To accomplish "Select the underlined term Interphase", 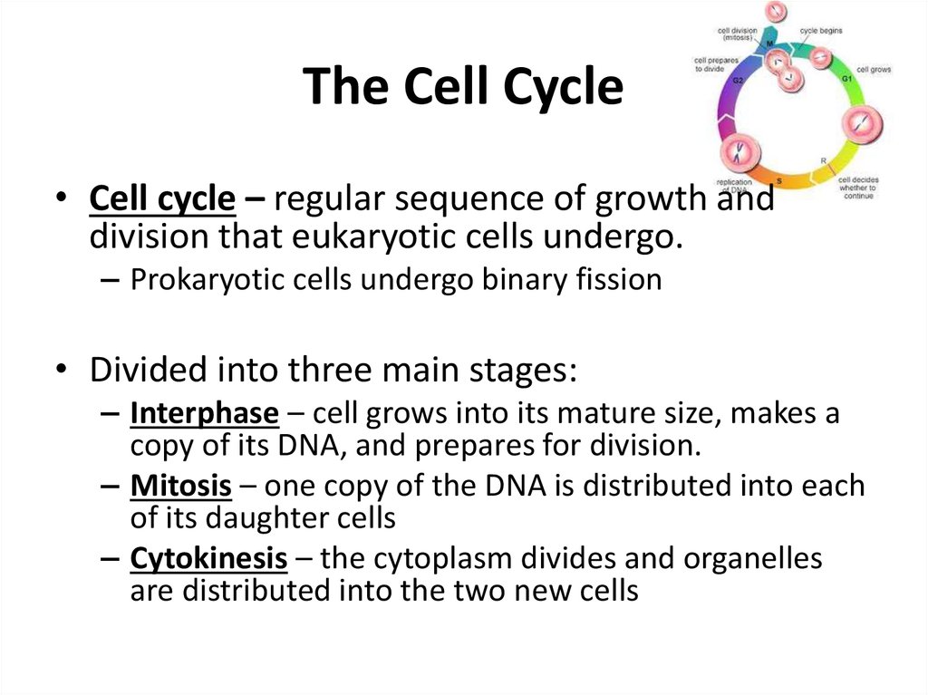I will [204, 414].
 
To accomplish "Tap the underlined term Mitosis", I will [181, 487].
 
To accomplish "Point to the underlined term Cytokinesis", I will [208, 559].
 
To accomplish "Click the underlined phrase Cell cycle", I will [161, 199].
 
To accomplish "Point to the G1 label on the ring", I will [846, 80].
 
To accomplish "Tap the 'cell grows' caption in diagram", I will [874, 69].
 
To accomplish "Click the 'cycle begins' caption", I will [820, 30].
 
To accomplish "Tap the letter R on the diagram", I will [823, 160].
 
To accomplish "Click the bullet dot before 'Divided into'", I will [60, 372].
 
